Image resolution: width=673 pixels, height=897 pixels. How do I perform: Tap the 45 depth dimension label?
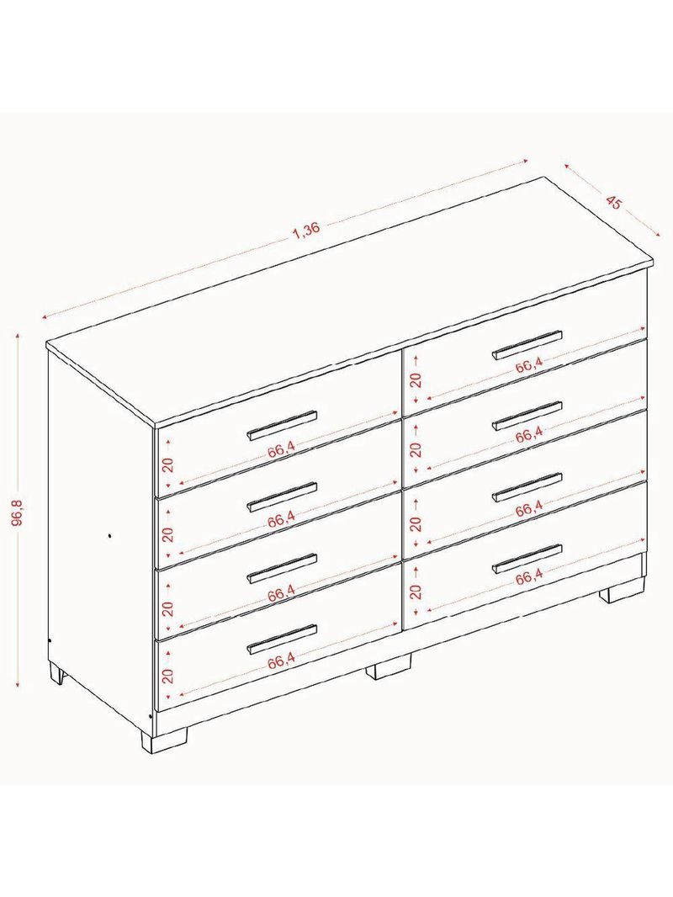click(x=612, y=203)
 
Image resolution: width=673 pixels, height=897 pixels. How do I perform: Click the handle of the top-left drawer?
click(x=281, y=425)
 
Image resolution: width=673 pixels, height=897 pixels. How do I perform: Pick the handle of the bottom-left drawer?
click(x=281, y=639)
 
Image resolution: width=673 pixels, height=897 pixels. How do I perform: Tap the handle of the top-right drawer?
click(x=527, y=345)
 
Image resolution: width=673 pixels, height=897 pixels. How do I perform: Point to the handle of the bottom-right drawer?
click(x=527, y=559)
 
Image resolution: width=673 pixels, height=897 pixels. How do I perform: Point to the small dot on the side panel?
click(x=109, y=536)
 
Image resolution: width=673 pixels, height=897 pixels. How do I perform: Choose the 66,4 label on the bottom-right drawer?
click(x=528, y=579)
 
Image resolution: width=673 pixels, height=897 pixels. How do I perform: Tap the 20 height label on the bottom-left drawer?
click(x=167, y=677)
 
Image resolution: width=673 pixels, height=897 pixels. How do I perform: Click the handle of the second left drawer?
click(x=281, y=496)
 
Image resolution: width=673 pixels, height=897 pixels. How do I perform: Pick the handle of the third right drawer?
click(x=527, y=487)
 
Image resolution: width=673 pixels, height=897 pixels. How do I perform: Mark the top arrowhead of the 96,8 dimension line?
click(x=18, y=334)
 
